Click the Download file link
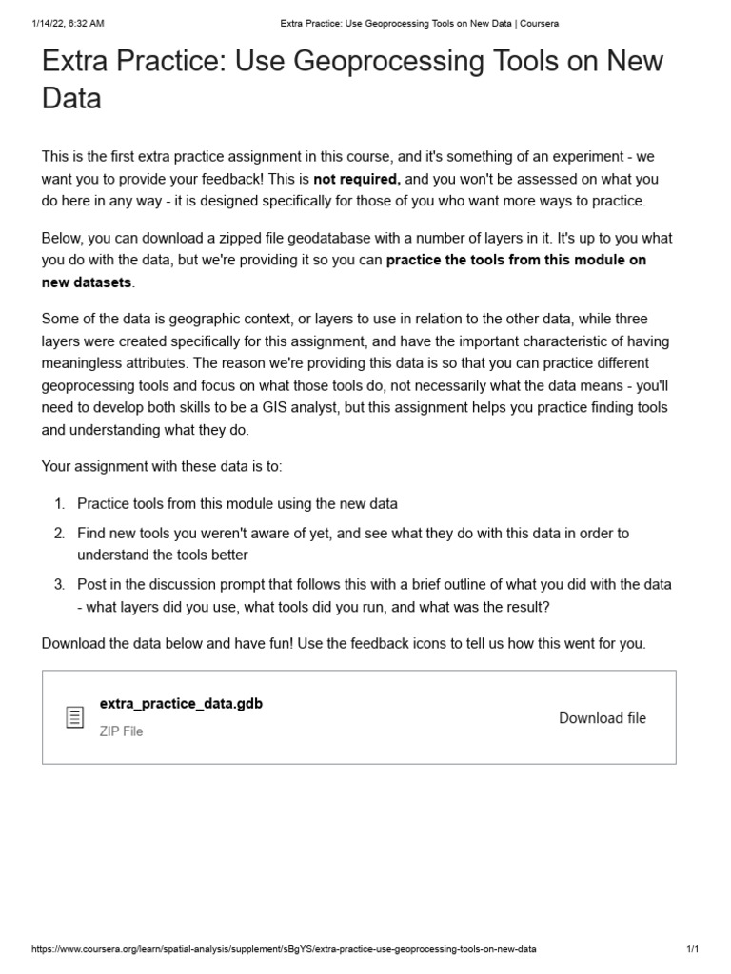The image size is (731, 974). coord(602,718)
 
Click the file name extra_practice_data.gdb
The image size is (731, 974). coord(181,704)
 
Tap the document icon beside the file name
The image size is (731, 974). coord(74,718)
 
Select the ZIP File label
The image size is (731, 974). coord(121,731)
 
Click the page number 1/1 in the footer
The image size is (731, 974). coord(692,950)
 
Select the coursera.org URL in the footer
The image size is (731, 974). coord(284,950)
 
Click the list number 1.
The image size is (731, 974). coord(58,503)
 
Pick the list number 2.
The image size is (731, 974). coord(58,534)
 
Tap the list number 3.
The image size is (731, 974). coord(58,584)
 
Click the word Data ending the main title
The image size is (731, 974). coord(71,98)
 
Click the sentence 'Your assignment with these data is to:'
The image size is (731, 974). coord(162,466)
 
